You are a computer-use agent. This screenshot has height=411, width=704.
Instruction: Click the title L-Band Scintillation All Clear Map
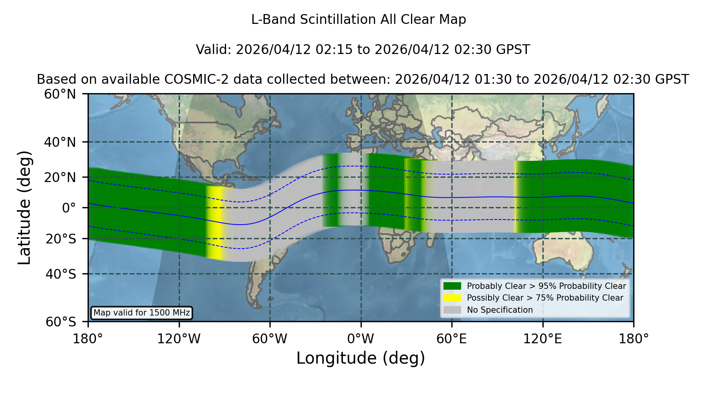coord(359,20)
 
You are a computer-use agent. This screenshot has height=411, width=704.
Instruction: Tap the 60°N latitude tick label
coord(60,94)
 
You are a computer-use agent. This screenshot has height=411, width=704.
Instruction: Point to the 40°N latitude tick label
coord(60,142)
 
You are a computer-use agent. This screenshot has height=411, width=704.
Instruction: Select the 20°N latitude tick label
coord(60,177)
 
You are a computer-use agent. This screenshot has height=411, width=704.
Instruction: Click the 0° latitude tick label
coord(69,208)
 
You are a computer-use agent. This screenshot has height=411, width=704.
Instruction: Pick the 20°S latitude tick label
coord(61,238)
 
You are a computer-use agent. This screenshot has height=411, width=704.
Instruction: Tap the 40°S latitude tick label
coord(61,274)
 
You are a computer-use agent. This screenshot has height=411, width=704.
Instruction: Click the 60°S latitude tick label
coord(61,322)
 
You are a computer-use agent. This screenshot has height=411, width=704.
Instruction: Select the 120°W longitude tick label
coord(179,339)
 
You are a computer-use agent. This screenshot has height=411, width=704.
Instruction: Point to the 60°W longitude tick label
coord(270,339)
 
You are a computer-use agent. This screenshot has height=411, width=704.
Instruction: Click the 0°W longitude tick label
coord(361,339)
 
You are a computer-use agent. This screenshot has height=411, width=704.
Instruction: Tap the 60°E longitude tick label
coord(452,339)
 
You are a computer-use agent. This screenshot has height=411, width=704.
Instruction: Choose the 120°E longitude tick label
coord(543,339)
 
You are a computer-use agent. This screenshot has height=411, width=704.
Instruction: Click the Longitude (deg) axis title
coord(361,358)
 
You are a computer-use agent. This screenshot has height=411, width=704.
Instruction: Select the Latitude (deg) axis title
coord(24,207)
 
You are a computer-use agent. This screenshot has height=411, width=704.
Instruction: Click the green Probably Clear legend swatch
coord(452,286)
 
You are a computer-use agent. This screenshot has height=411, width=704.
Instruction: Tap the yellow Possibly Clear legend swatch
coord(452,298)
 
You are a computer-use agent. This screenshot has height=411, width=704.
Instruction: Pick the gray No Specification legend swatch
coord(452,310)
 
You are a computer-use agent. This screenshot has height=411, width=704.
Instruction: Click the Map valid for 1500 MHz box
coord(142,313)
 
